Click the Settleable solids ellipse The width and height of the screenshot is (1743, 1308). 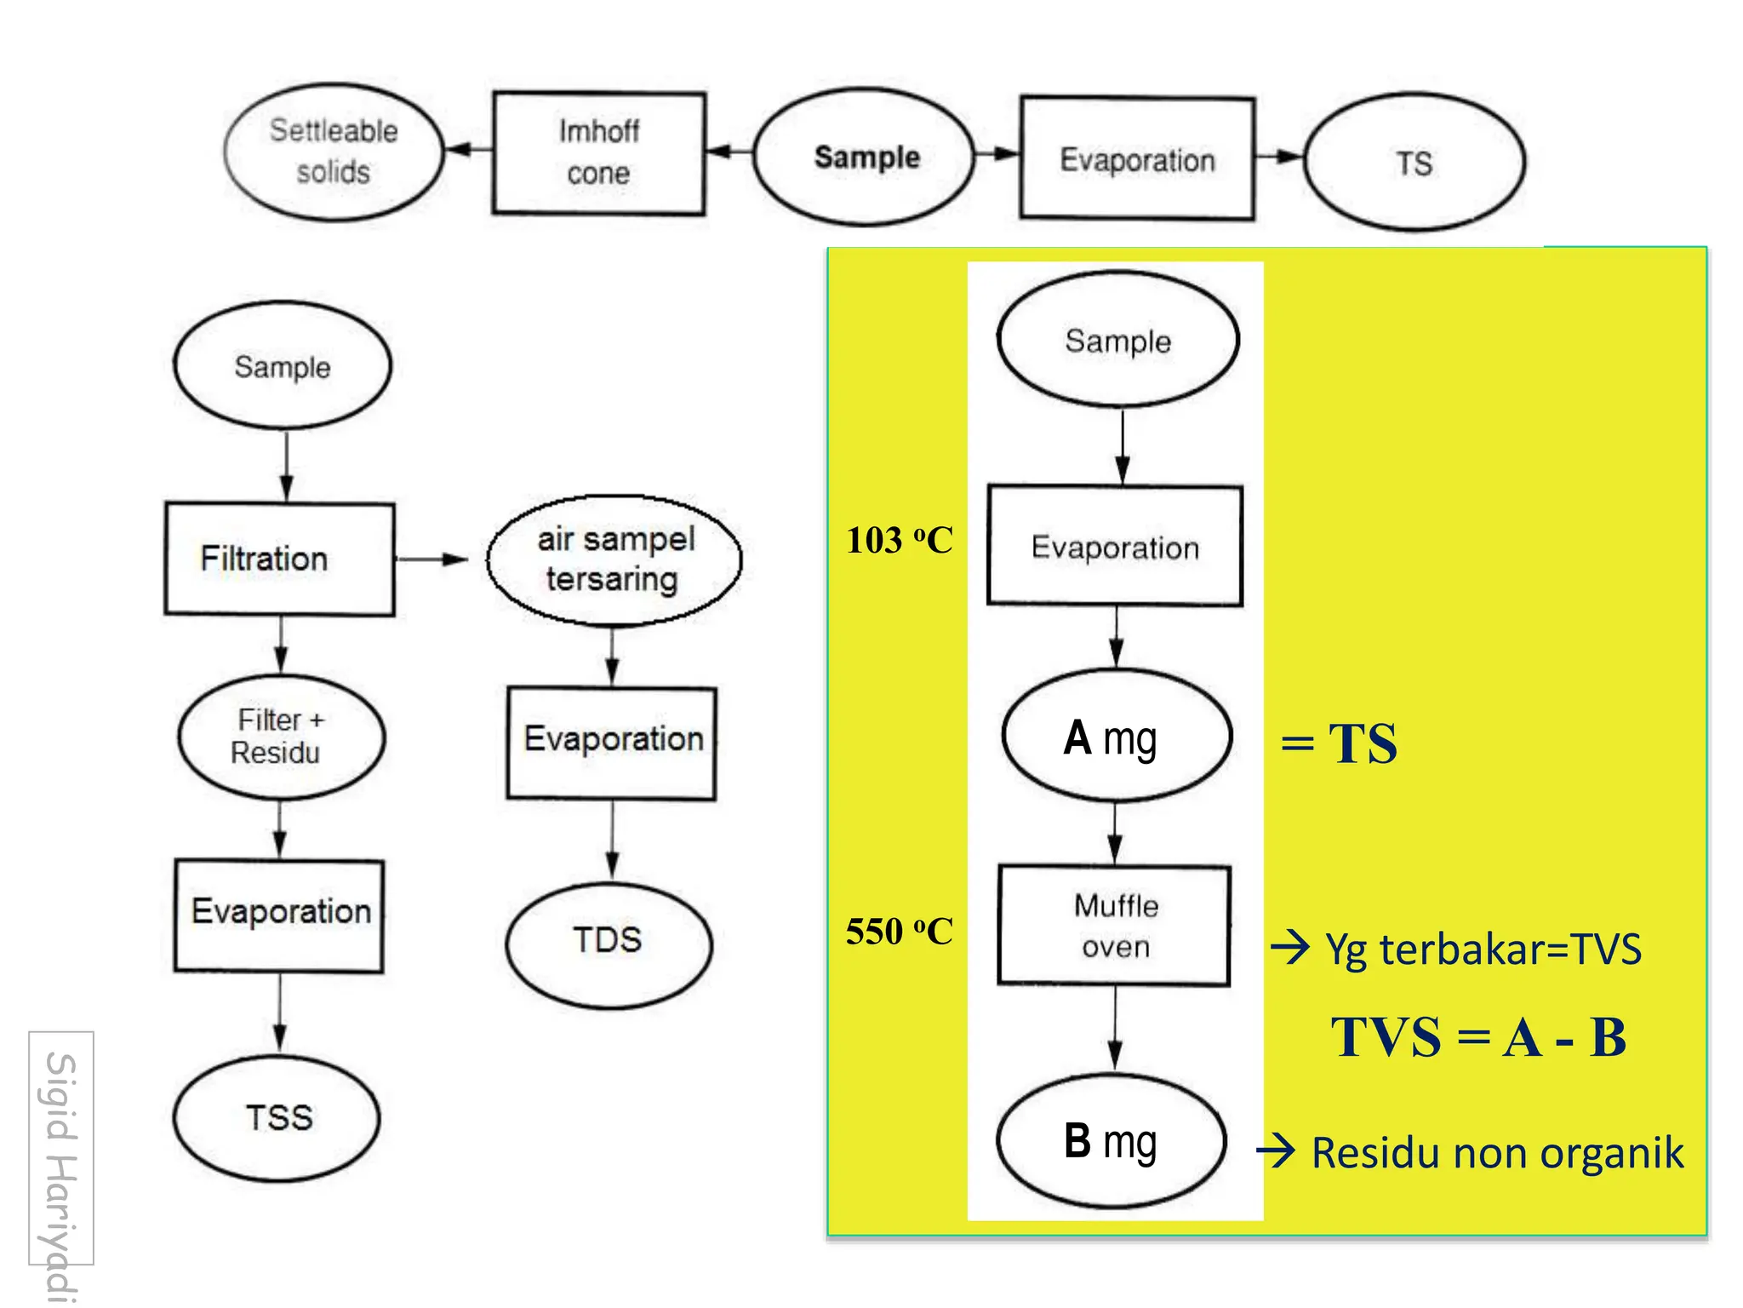coord(334,152)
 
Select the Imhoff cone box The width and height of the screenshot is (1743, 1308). coord(598,152)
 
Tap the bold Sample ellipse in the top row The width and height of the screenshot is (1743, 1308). coord(865,157)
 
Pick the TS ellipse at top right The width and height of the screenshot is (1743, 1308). coord(1414,162)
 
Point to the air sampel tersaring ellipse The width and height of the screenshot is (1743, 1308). coord(614,559)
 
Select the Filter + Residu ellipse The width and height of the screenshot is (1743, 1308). coord(281,737)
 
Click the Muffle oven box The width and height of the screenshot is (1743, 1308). coord(1114,926)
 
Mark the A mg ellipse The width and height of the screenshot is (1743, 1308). coord(1116,736)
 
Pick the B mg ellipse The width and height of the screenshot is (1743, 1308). coord(1112,1141)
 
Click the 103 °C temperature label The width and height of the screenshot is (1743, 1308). coord(899,541)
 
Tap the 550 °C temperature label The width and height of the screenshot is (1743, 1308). coord(899,932)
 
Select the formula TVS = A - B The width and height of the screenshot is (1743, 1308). coord(1478,1038)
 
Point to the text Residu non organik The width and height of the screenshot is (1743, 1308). coord(1496,1153)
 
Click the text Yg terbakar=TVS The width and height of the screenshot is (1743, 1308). coord(1483,949)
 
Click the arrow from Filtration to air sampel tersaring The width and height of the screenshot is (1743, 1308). coord(431,559)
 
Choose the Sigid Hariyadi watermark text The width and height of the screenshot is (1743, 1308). coord(61,1167)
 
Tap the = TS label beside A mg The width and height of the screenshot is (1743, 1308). coord(1339,743)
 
